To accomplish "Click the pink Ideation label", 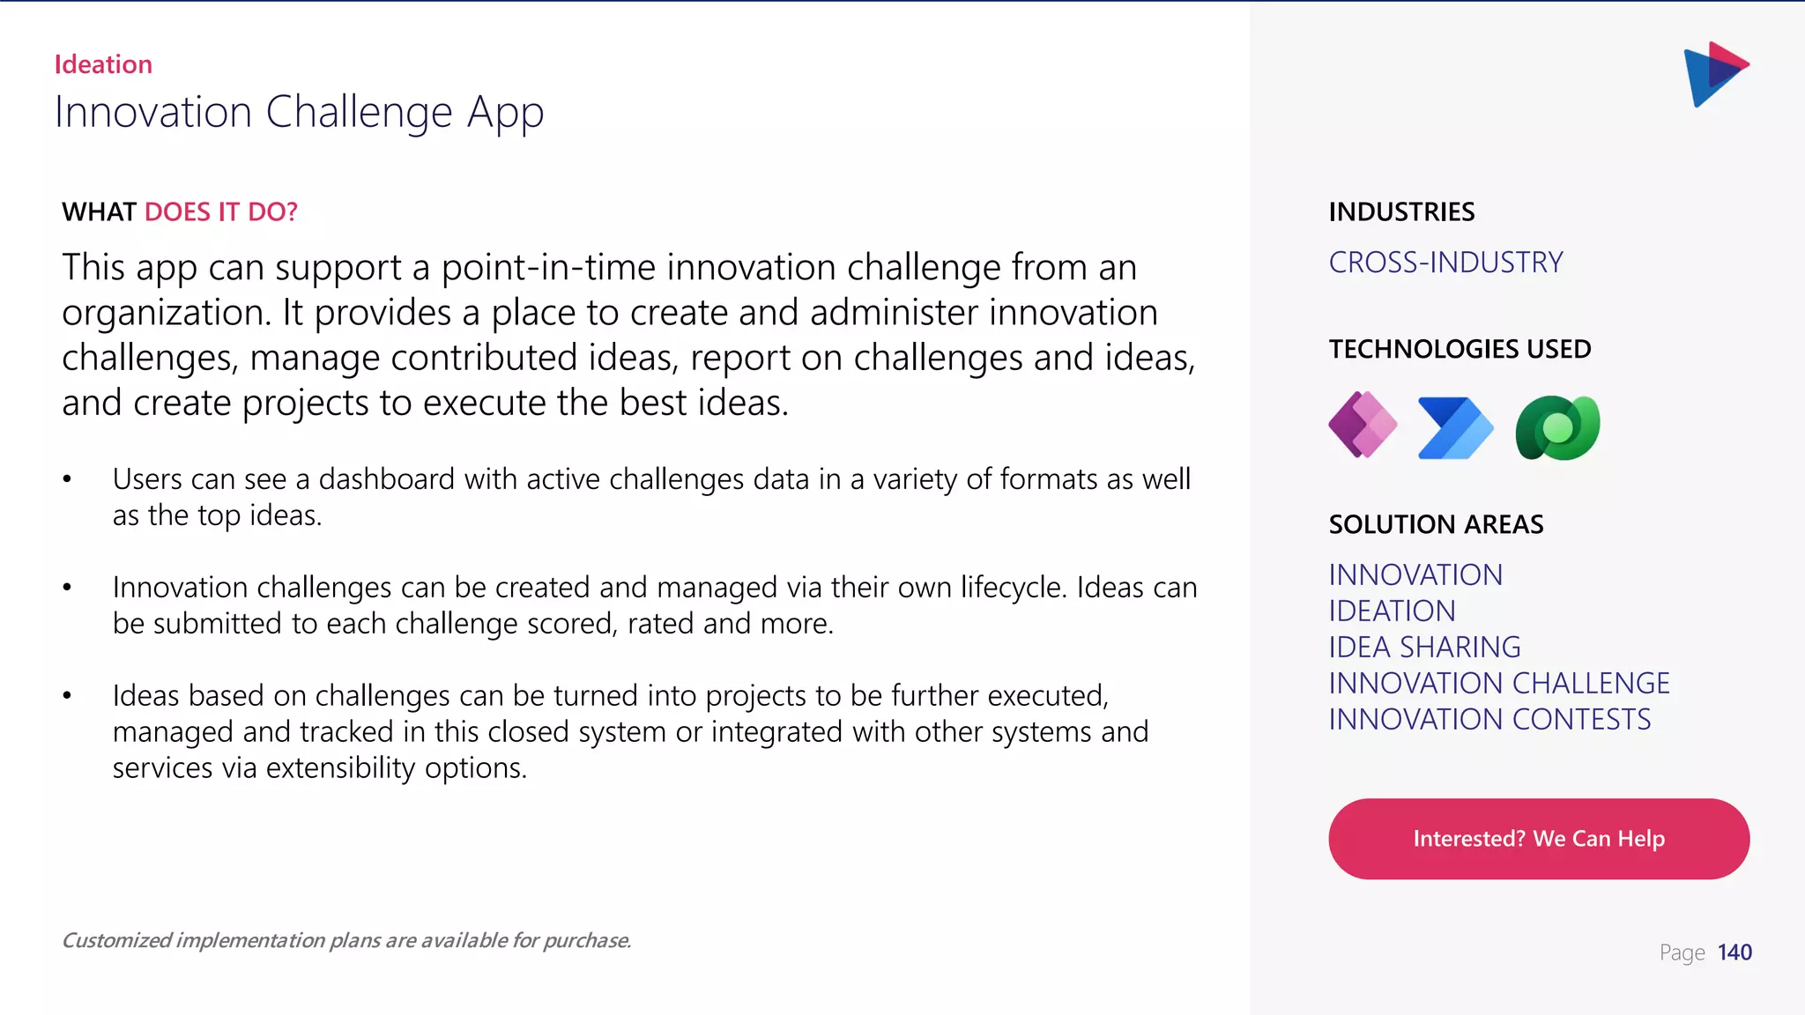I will coord(103,64).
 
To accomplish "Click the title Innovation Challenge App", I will coord(299,113).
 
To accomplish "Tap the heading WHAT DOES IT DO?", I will coord(180,212).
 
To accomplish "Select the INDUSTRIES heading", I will coord(1400,212).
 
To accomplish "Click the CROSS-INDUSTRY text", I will coord(1445,263).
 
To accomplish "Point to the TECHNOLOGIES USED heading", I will coord(1460,349).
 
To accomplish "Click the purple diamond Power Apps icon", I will coord(1363,426).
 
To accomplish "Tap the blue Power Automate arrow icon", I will coord(1455,428).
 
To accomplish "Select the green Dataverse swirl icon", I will coord(1557,428).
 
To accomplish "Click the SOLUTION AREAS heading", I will coord(1436,525).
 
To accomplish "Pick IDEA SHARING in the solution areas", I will coord(1424,648).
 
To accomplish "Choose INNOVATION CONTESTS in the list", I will coord(1489,720).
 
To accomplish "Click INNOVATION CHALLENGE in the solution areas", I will coord(1498,684).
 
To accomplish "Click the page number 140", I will coord(1734,952).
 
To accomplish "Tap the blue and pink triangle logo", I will coord(1715,74).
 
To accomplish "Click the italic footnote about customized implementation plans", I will coord(346,941).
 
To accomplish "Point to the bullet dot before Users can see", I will coord(67,480).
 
